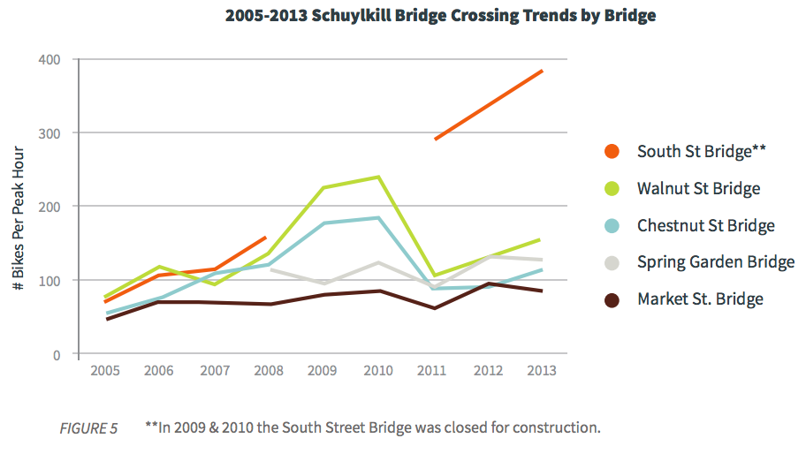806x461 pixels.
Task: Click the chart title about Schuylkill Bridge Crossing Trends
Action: (x=440, y=16)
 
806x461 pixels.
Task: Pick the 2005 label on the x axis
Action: (x=105, y=371)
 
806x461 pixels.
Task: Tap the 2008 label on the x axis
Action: (x=269, y=371)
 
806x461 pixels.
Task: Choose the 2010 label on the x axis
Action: (x=378, y=371)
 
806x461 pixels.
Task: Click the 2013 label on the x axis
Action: (x=542, y=371)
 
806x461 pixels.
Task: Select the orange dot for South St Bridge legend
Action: (x=611, y=151)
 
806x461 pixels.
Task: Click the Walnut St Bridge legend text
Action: (x=698, y=188)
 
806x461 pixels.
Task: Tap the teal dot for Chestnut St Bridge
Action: (x=611, y=225)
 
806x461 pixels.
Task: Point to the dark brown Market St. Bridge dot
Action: (x=611, y=299)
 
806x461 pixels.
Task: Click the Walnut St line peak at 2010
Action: (x=378, y=177)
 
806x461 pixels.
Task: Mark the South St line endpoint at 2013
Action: (x=542, y=71)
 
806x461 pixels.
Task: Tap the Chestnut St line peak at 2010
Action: (x=378, y=217)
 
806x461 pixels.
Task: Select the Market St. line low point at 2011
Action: (x=434, y=308)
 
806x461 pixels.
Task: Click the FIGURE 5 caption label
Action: (x=88, y=428)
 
